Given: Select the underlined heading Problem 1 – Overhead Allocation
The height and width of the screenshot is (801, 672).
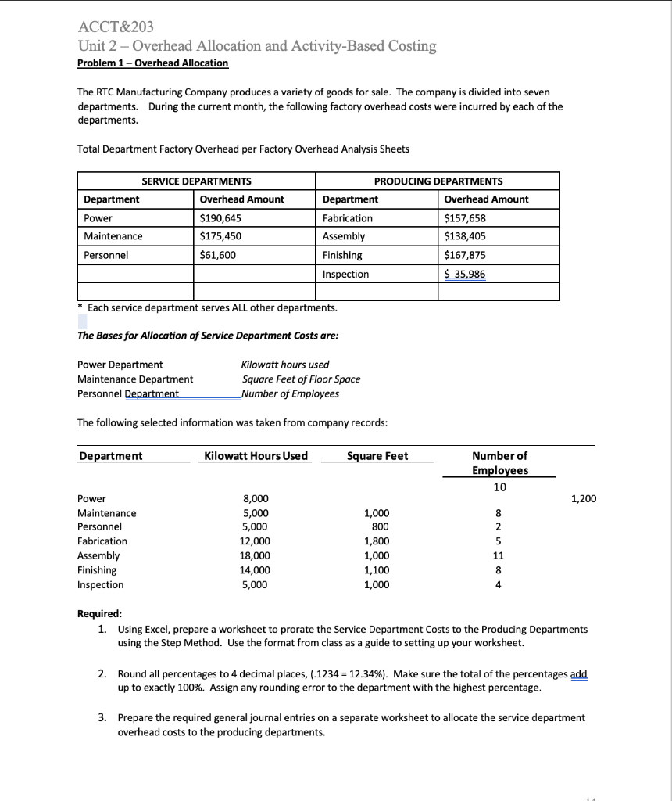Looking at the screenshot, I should pyautogui.click(x=153, y=63).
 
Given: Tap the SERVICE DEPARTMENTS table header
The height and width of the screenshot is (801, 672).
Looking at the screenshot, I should pyautogui.click(x=196, y=181).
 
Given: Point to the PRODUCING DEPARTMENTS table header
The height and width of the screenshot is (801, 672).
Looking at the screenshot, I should pyautogui.click(x=438, y=181).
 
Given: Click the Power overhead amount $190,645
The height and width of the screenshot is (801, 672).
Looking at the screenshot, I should pyautogui.click(x=221, y=218).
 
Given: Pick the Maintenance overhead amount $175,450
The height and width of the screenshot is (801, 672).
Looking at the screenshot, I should pyautogui.click(x=221, y=236).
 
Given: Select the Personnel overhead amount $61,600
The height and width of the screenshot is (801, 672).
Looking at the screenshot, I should pyautogui.click(x=219, y=255).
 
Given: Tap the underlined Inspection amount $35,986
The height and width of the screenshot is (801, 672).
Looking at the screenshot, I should pyautogui.click(x=464, y=274).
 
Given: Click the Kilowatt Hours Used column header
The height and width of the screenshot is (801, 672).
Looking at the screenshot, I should pyautogui.click(x=256, y=456).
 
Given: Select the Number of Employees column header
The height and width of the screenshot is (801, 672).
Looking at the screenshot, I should pyautogui.click(x=500, y=463).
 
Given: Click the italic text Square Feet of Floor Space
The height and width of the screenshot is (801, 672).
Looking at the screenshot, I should pyautogui.click(x=301, y=379).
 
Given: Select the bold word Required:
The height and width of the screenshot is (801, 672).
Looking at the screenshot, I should pyautogui.click(x=99, y=615).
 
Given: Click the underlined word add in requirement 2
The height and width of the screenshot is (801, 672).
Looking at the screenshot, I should pyautogui.click(x=578, y=673).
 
